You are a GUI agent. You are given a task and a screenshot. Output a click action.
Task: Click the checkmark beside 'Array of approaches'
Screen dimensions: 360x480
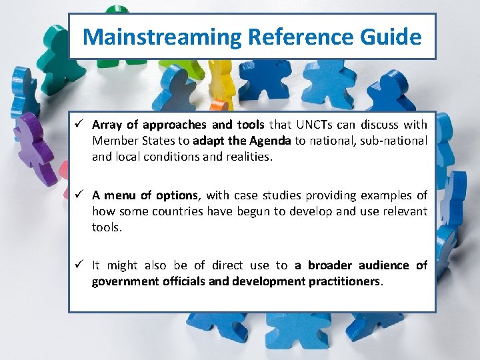tap(79, 124)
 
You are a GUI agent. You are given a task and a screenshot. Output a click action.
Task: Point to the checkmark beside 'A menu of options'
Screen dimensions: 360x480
tap(79, 195)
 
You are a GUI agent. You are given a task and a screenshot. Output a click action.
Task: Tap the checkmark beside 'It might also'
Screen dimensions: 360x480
tap(79, 265)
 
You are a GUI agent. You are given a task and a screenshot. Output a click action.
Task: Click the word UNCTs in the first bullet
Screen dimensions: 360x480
tap(313, 125)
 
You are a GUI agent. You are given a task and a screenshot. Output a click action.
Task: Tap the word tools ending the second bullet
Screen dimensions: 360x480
tap(107, 227)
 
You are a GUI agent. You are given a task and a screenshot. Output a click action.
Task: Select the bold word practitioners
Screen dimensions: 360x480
tap(344, 281)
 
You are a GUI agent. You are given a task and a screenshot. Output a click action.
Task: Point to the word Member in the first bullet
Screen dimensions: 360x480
tap(113, 141)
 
